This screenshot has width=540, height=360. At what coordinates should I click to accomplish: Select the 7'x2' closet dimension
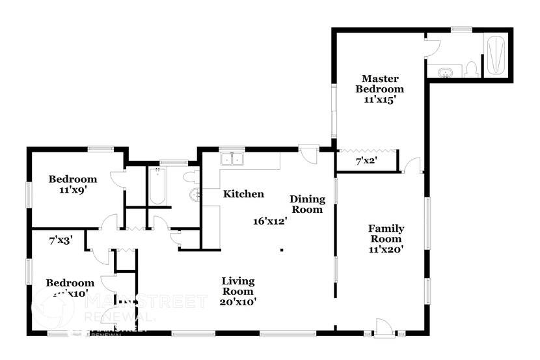point(366,160)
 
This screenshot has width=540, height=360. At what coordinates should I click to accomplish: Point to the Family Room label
point(386,233)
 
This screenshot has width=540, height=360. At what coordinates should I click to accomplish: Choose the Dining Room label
point(306,204)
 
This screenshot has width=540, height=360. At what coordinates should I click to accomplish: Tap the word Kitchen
point(243,194)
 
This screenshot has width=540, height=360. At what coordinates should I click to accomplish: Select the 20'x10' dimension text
point(237,301)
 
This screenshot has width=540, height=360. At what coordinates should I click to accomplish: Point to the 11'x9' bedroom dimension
point(73,190)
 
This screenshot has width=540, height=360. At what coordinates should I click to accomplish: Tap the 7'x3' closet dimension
point(61,240)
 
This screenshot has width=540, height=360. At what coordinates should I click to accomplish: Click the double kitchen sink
point(232,159)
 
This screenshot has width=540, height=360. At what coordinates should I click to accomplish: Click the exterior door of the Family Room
point(385,326)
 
